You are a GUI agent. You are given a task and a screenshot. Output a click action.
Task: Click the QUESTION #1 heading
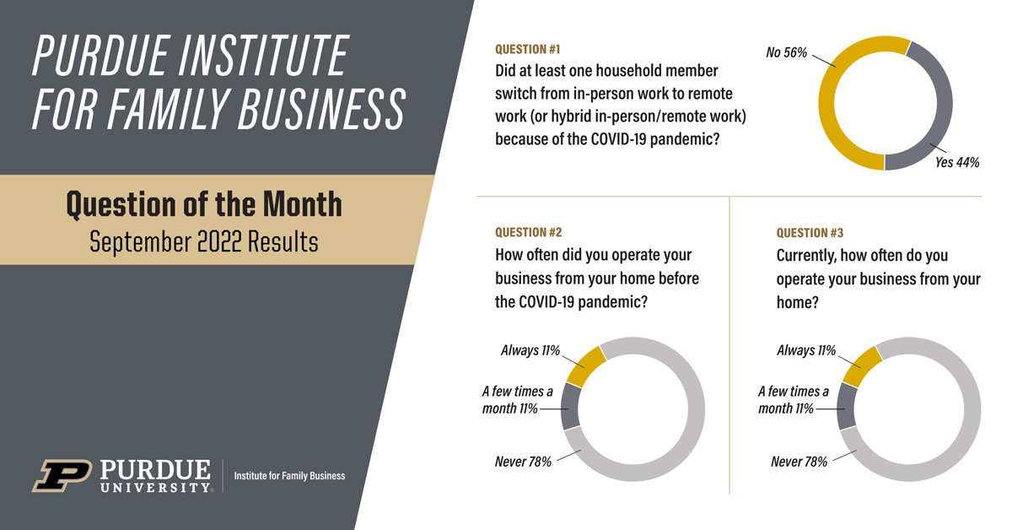point(527,49)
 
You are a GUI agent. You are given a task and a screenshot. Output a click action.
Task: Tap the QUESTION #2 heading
point(528,232)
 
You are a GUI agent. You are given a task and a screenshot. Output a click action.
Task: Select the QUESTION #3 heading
point(810,233)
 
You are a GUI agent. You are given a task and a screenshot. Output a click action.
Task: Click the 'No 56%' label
point(786,52)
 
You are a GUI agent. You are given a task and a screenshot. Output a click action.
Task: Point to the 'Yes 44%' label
point(957,162)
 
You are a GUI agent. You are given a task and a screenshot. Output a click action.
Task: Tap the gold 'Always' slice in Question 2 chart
point(585,366)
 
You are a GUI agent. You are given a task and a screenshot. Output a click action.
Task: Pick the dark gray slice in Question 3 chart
point(846,407)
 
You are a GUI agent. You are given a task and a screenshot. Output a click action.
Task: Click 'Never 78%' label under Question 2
point(523,462)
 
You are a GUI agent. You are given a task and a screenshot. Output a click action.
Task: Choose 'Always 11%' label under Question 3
point(806,350)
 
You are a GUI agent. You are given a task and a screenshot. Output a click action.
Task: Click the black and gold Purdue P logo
point(62,475)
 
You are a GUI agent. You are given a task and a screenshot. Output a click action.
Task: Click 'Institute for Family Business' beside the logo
point(289,476)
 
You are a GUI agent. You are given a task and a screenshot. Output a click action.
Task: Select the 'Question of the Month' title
point(204,205)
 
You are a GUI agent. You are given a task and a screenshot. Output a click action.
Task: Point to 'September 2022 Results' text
point(204,241)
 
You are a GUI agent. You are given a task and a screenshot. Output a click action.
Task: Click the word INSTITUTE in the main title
point(263,55)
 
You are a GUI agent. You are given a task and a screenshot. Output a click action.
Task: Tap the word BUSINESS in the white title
point(321,109)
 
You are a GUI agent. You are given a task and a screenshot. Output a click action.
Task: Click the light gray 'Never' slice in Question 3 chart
point(971,409)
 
